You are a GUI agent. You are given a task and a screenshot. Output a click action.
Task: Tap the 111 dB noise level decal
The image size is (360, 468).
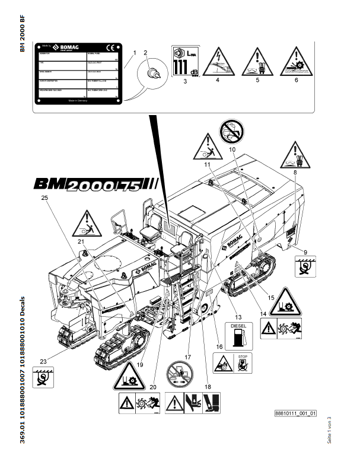coord(185,61)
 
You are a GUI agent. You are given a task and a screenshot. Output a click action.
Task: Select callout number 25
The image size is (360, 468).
coord(44,198)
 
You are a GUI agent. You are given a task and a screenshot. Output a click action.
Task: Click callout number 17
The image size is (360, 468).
coord(188,358)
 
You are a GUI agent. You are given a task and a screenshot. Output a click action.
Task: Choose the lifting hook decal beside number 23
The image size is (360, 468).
coord(43,377)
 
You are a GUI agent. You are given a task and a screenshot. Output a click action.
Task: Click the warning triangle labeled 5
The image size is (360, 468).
coord(258,61)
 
